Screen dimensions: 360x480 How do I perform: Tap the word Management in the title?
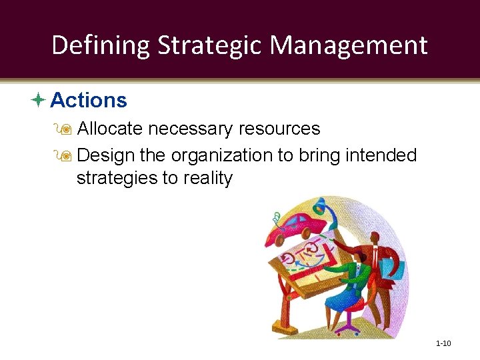click(x=349, y=45)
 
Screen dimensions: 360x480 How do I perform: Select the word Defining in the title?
click(x=101, y=45)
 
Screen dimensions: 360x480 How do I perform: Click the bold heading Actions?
click(x=89, y=101)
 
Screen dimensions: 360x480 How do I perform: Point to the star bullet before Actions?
click(x=38, y=101)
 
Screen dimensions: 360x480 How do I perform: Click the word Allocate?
click(x=111, y=129)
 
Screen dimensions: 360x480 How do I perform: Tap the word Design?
click(x=107, y=156)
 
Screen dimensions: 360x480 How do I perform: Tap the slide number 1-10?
click(x=443, y=343)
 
